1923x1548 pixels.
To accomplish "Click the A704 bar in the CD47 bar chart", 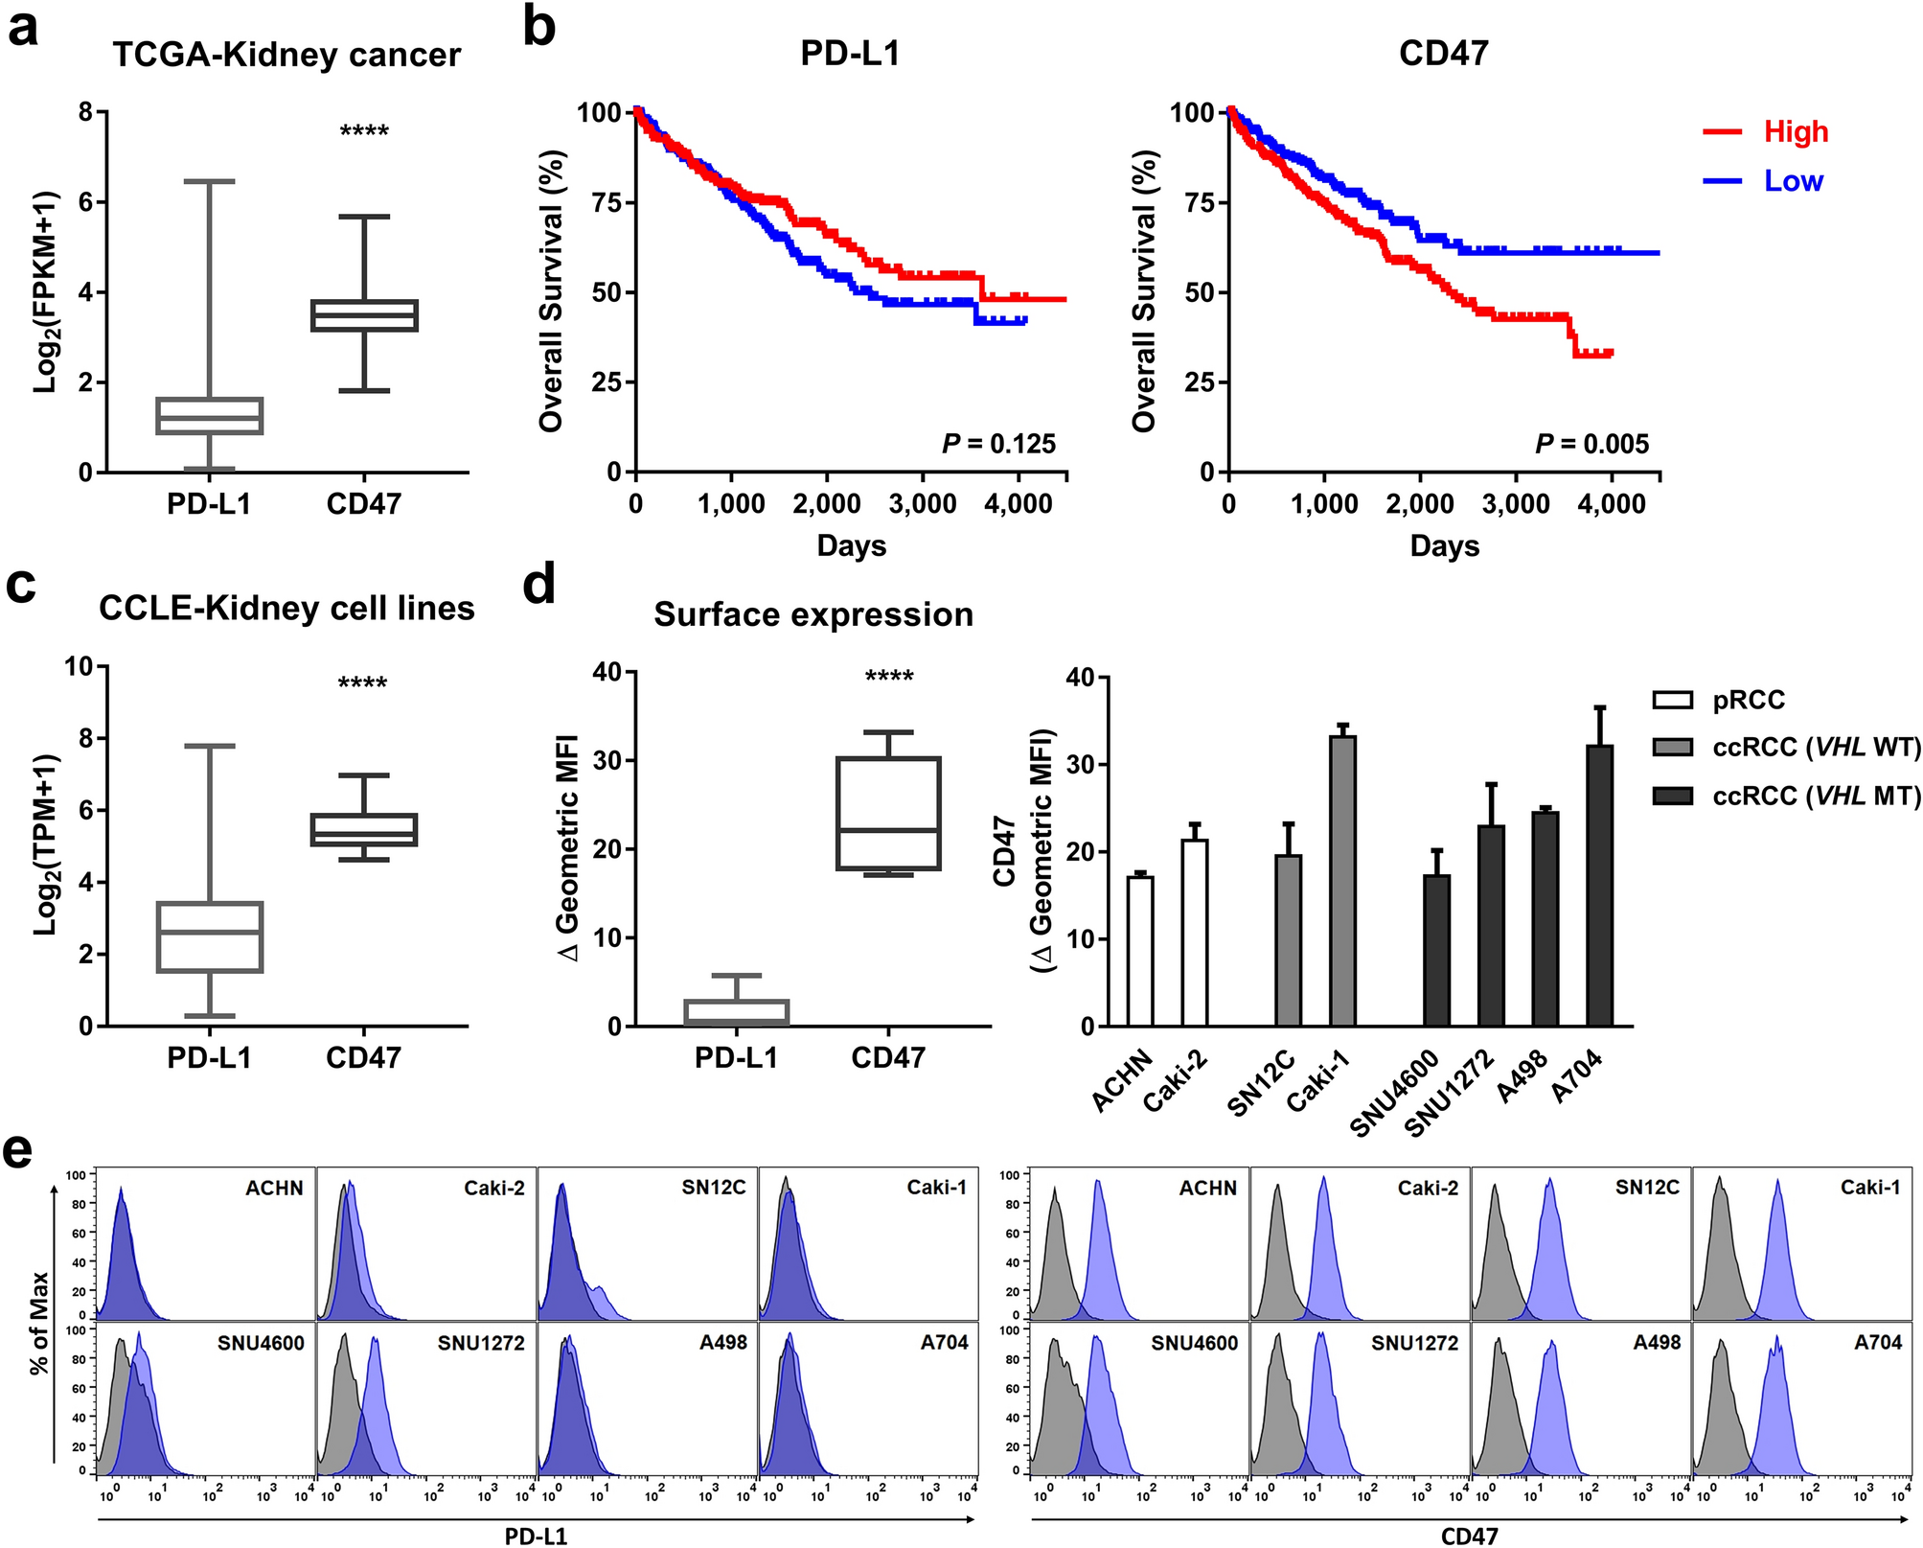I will [1599, 886].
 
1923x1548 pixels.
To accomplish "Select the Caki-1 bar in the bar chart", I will [1342, 881].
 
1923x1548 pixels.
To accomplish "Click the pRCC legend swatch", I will [1672, 700].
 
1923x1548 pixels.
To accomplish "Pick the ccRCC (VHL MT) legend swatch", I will [1672, 796].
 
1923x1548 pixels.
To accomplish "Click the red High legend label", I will [1796, 131].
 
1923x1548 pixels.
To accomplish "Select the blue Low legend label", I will [1794, 180].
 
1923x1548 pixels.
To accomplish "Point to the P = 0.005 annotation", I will [1591, 444].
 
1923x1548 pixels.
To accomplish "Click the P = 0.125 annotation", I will [998, 444].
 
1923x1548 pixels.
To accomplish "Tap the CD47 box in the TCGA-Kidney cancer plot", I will [364, 315].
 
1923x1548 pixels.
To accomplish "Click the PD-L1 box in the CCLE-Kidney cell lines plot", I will [210, 936].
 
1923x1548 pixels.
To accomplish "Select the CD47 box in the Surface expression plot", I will [888, 813].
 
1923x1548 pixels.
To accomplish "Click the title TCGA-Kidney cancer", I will [286, 55].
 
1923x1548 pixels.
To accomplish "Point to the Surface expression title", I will [813, 614].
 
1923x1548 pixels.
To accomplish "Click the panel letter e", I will [20, 1150].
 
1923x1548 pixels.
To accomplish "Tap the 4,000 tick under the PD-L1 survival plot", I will [1018, 504].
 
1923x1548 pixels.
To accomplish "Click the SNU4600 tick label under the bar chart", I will [1395, 1092].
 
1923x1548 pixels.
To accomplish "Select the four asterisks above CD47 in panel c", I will [362, 683].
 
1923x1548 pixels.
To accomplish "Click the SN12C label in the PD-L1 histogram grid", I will [713, 1188].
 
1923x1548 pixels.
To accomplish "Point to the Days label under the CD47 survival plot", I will [1444, 546].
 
